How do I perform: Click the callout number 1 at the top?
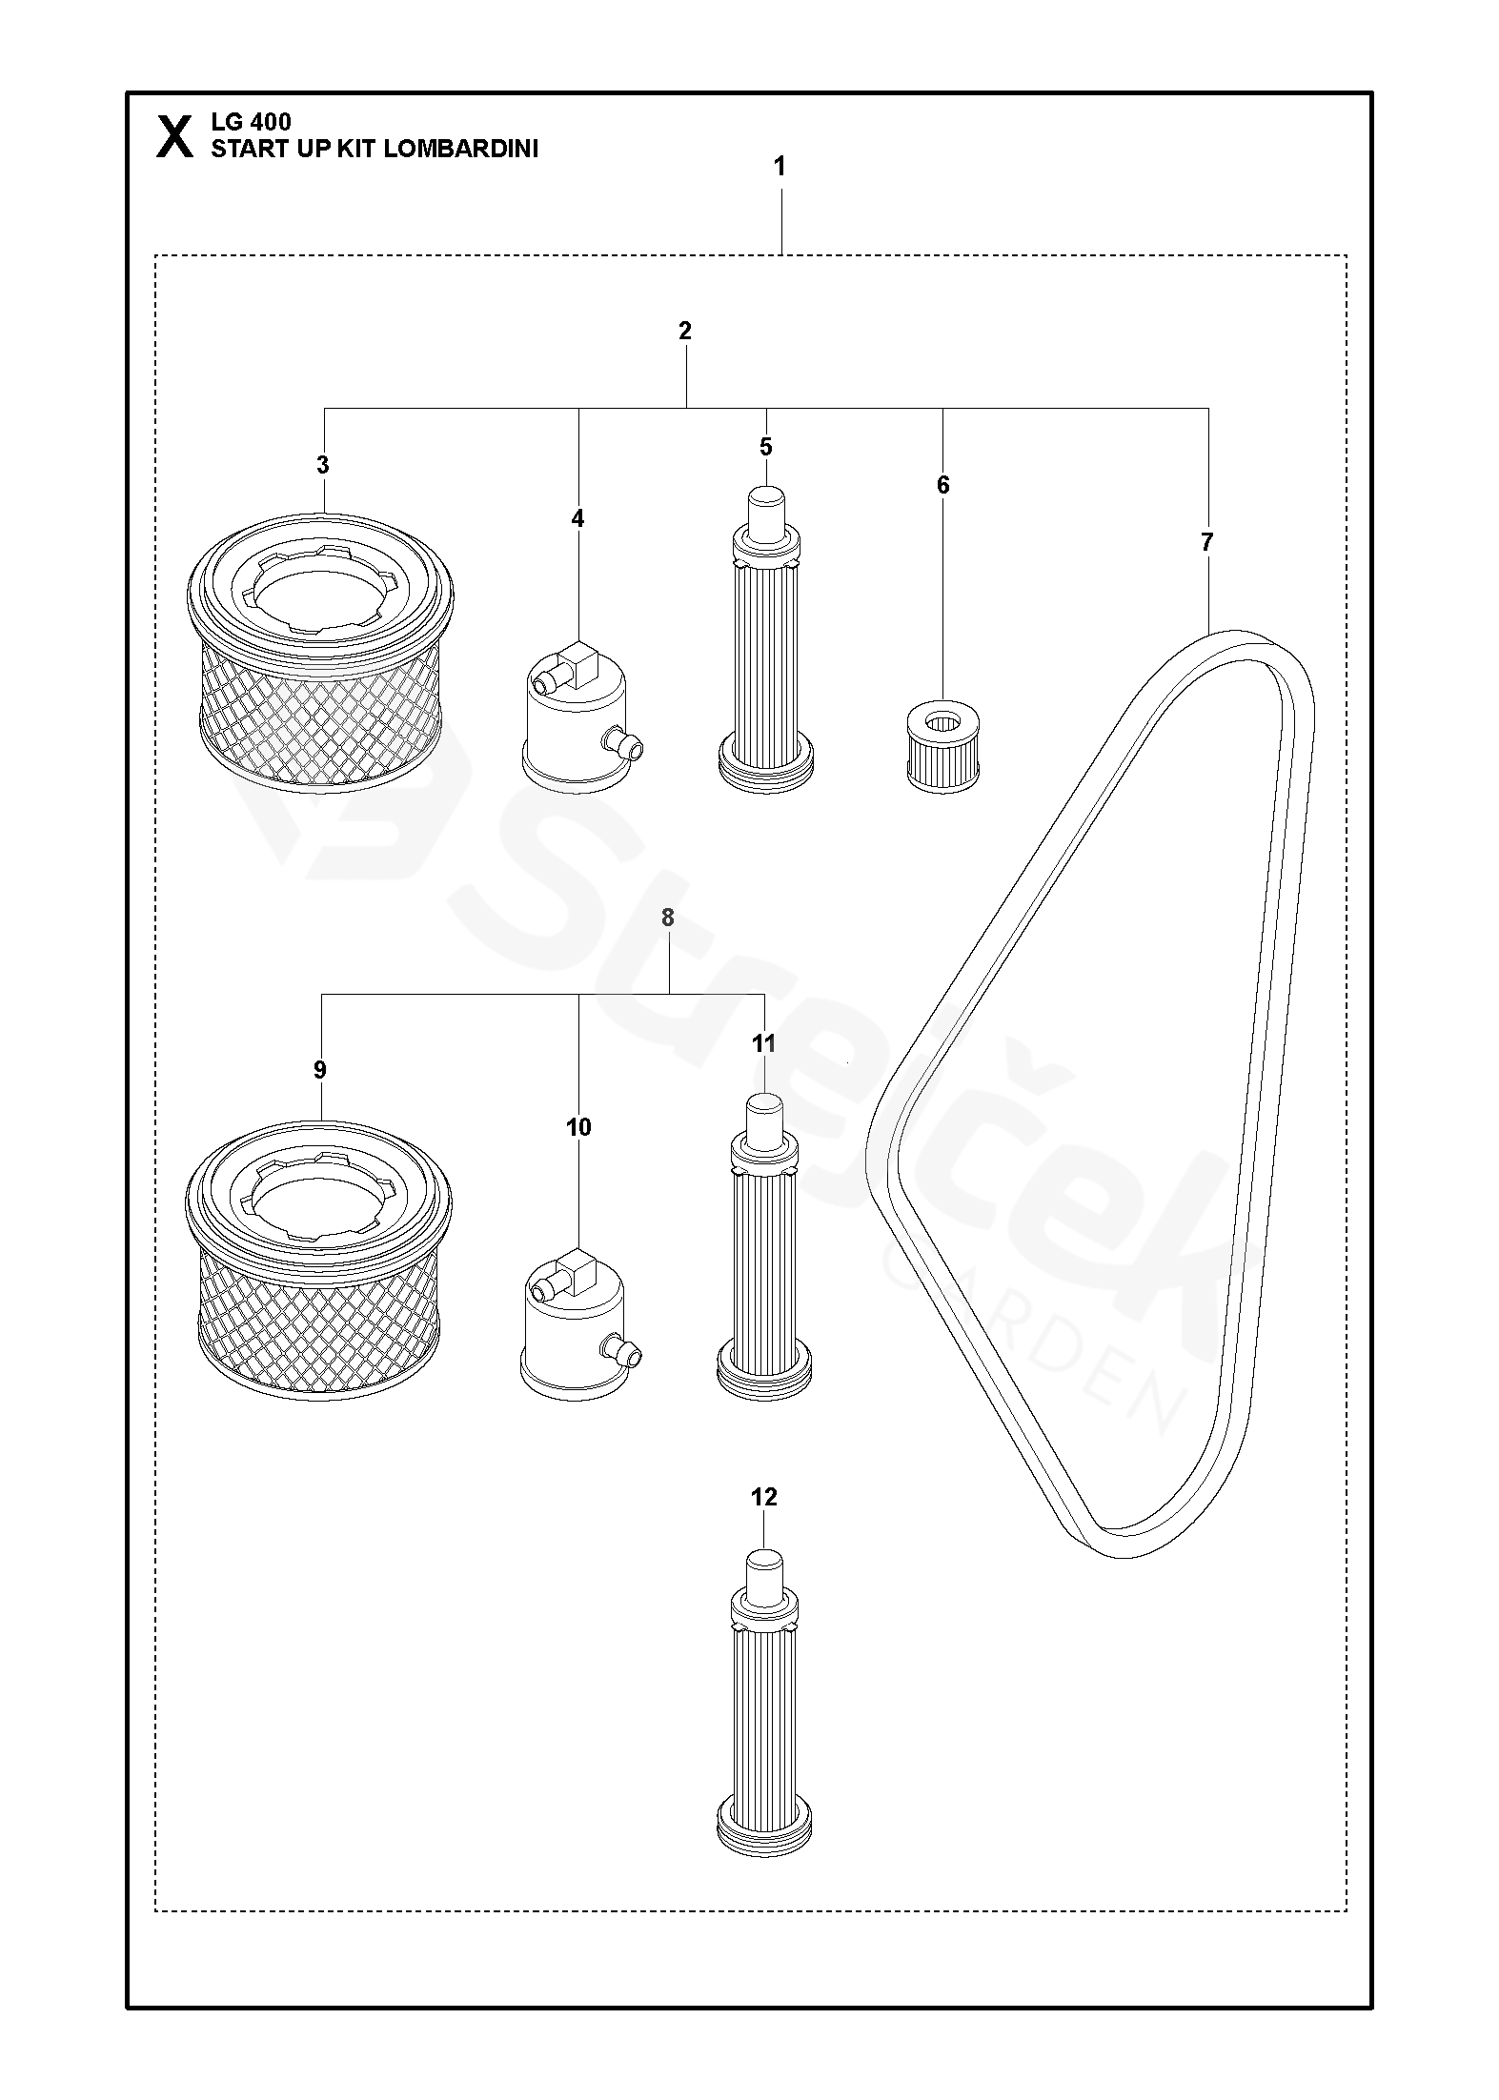click(x=780, y=167)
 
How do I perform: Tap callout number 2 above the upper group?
click(x=684, y=331)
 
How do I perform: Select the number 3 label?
click(x=323, y=465)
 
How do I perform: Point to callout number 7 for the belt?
click(x=1207, y=542)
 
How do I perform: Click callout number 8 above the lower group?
click(x=667, y=918)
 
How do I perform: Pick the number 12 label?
click(x=763, y=1497)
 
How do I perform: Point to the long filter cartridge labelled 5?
click(x=765, y=640)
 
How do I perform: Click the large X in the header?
click(x=173, y=136)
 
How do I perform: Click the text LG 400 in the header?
click(x=251, y=122)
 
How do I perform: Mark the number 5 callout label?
click(x=765, y=447)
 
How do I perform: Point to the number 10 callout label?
click(x=578, y=1127)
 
